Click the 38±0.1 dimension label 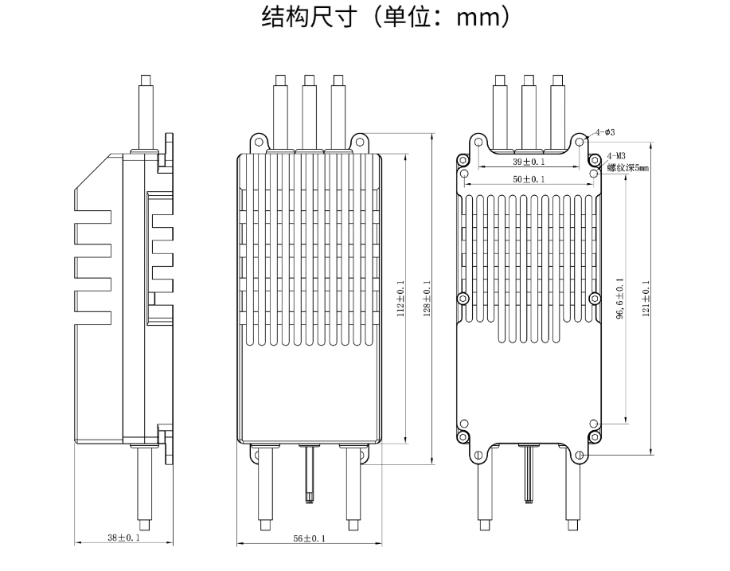[123, 539]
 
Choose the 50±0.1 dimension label [529, 180]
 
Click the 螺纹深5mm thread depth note [628, 168]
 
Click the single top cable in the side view [146, 111]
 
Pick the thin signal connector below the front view [309, 474]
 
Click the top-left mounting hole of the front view [257, 142]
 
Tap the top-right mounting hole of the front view [360, 142]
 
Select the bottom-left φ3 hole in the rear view [478, 456]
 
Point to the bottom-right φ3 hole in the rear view [580, 456]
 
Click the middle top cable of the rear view [529, 111]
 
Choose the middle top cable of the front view [309, 111]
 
